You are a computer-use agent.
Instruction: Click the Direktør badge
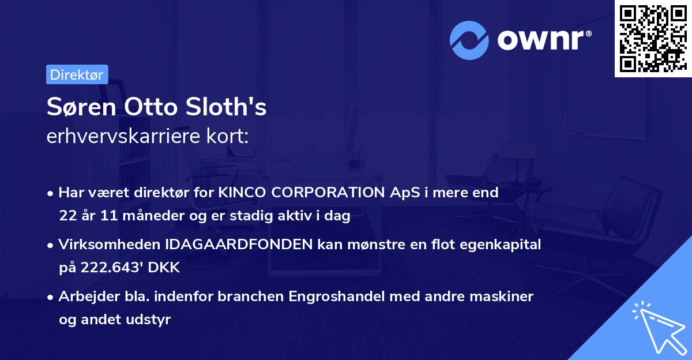(77, 74)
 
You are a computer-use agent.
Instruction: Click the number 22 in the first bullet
(66, 216)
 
